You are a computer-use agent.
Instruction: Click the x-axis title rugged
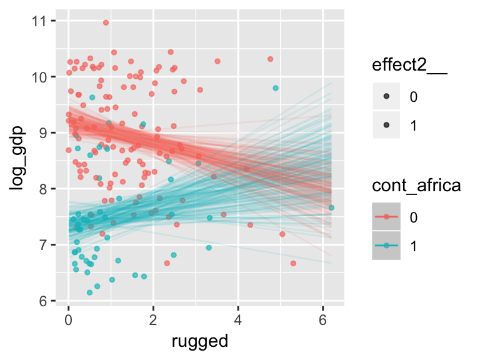199,342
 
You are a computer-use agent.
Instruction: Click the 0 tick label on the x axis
68,322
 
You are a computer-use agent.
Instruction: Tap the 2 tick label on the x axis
153,322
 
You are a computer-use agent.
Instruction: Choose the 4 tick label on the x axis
237,322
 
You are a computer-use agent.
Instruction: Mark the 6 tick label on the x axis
322,322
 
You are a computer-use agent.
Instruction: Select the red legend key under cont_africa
387,217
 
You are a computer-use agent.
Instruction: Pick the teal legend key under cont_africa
387,246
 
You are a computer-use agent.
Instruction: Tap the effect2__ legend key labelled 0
387,96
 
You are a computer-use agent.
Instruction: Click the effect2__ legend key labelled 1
387,126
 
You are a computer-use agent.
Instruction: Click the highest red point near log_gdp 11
106,22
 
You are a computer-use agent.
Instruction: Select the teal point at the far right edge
331,207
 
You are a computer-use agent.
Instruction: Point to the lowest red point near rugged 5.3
293,263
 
